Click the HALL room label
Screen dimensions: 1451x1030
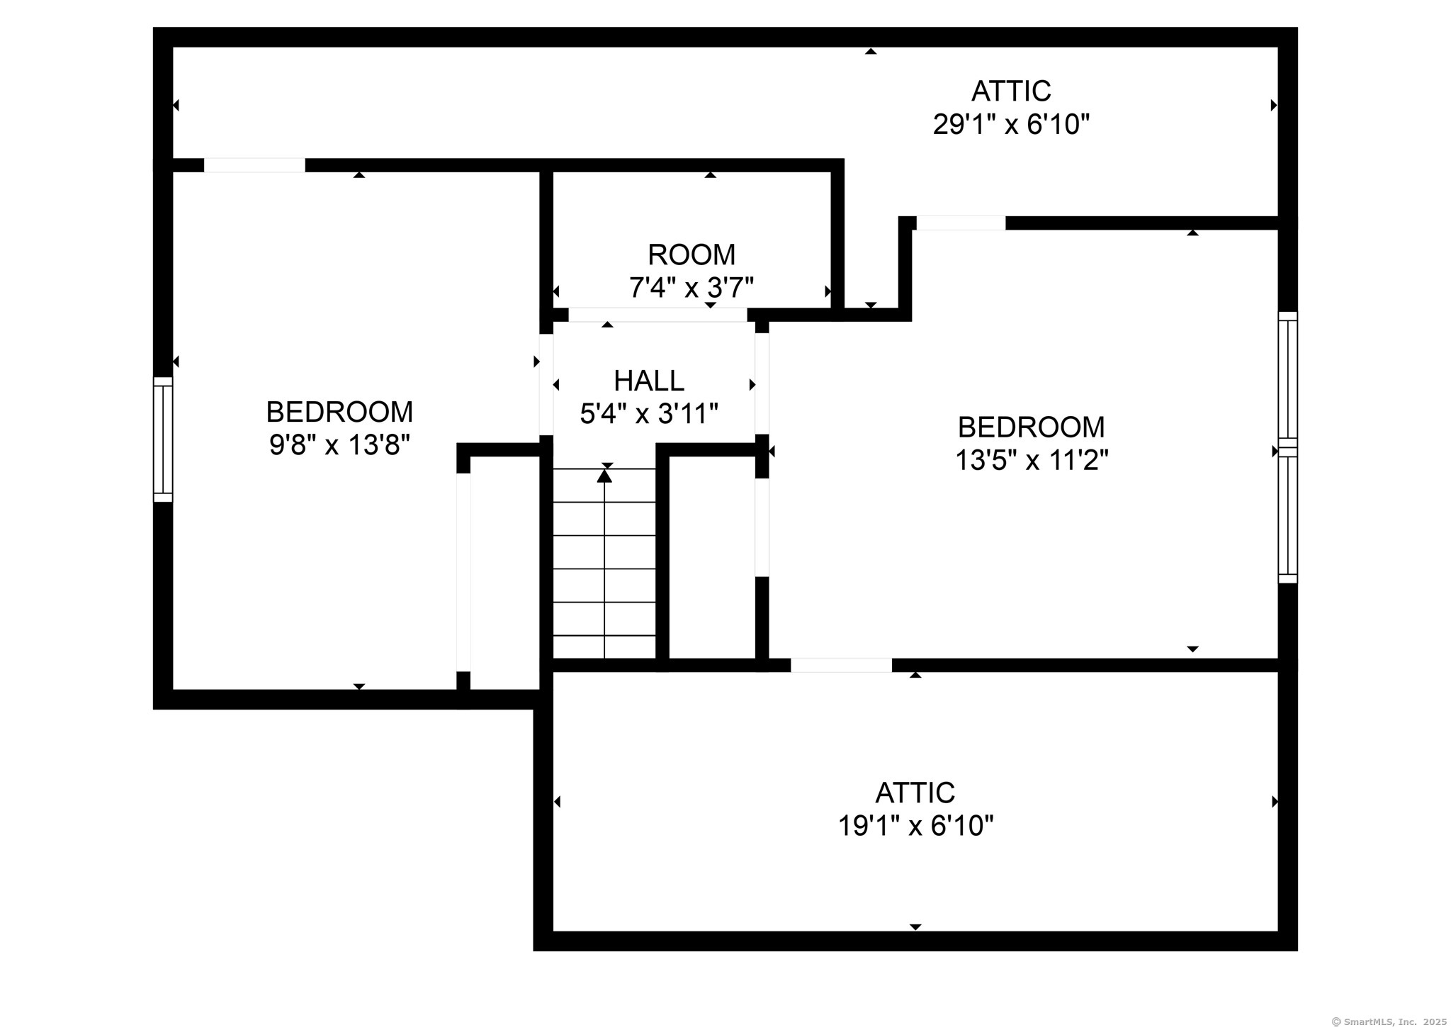[649, 381]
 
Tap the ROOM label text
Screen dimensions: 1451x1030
[691, 254]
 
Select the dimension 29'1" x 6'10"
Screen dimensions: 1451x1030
[1011, 125]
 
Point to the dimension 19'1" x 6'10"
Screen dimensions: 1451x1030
[915, 826]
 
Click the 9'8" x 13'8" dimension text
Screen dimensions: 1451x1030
[339, 445]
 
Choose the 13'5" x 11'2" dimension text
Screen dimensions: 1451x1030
[1031, 461]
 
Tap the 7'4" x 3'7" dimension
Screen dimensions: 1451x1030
[691, 288]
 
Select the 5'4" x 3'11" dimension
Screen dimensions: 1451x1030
[649, 414]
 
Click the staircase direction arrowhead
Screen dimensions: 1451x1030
[604, 476]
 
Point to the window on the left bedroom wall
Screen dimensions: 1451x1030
[163, 440]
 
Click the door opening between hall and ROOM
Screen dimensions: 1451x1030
[657, 315]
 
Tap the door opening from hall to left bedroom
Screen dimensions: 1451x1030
[546, 384]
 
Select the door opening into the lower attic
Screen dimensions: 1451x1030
[841, 665]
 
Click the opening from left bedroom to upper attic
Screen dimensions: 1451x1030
[254, 165]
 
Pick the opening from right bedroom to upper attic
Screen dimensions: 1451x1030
[961, 223]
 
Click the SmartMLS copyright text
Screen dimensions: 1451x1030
[1389, 1021]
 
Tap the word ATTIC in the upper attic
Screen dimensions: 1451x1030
[1011, 91]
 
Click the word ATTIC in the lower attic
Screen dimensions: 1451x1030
[915, 793]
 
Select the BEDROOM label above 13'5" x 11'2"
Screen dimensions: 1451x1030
[1031, 427]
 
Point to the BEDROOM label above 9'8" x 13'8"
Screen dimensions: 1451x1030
[339, 412]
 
